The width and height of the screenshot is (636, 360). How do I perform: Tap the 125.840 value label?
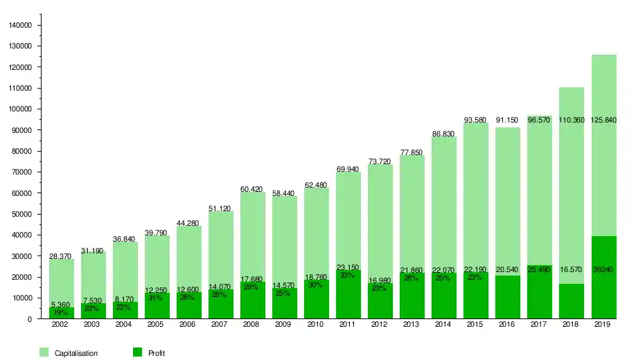pyautogui.click(x=603, y=120)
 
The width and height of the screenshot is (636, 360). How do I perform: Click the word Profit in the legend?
pyautogui.click(x=157, y=354)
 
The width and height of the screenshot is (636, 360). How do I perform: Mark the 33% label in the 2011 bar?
pyautogui.click(x=348, y=276)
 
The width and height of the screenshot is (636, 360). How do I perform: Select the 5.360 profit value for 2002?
pyautogui.click(x=61, y=305)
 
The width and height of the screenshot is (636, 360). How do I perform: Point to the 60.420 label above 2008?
pyautogui.click(x=252, y=189)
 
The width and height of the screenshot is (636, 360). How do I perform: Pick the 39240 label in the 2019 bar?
pyautogui.click(x=603, y=270)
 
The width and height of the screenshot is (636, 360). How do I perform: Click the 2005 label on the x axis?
pyautogui.click(x=157, y=324)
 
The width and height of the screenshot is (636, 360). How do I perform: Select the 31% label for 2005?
pyautogui.click(x=157, y=298)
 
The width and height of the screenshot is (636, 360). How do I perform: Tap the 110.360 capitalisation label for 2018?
pyautogui.click(x=572, y=120)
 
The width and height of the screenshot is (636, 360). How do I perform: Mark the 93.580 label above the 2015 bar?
pyautogui.click(x=475, y=120)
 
